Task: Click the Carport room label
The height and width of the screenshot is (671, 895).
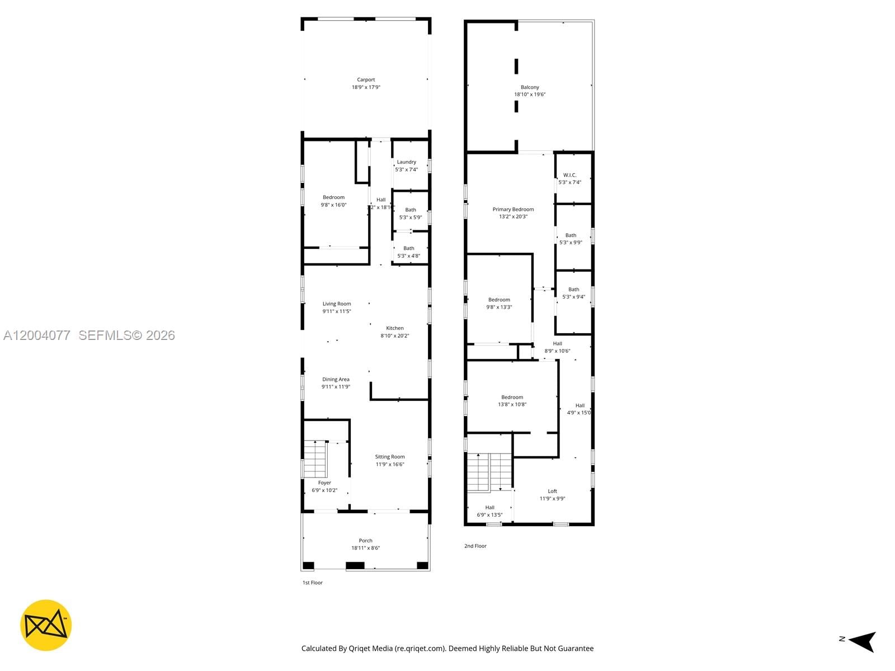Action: (366, 80)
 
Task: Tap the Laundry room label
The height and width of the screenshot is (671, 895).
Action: (407, 162)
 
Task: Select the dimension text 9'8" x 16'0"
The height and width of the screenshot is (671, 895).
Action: (333, 205)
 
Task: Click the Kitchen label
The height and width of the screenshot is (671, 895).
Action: (395, 328)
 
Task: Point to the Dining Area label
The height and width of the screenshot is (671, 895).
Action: (336, 379)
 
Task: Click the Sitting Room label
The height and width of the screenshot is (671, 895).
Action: (390, 457)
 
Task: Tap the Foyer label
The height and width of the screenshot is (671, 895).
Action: (324, 483)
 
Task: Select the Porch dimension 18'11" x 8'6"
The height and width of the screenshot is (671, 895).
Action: (365, 548)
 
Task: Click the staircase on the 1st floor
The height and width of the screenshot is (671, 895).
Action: (315, 459)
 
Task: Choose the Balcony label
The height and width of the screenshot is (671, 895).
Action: (530, 87)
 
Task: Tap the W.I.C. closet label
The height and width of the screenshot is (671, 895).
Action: (569, 175)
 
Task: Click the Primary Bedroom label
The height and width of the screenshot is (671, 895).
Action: (513, 209)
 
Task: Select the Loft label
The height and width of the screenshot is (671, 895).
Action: (552, 491)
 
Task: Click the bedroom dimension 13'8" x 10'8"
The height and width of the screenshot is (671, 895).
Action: (512, 404)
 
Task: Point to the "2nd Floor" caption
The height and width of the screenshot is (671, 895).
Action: (475, 546)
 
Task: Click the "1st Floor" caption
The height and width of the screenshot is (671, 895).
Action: (313, 583)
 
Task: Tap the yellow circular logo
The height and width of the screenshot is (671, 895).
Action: (46, 625)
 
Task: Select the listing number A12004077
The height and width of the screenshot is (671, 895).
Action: (37, 335)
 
